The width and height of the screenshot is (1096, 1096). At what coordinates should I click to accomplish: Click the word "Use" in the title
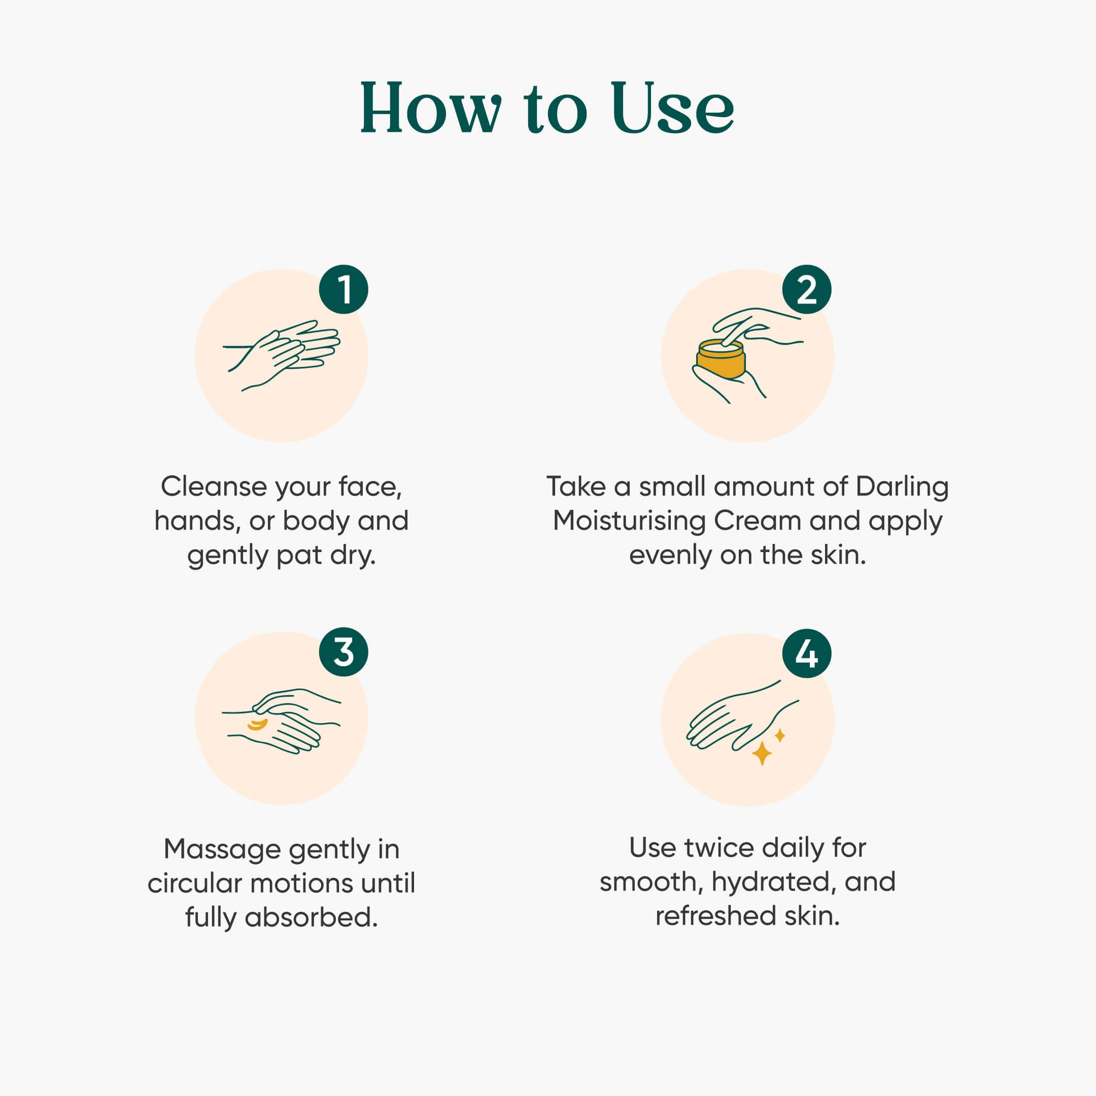[673, 108]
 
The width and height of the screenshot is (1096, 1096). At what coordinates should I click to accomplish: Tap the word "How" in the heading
[431, 108]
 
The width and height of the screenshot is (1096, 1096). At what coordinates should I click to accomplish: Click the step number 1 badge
[343, 289]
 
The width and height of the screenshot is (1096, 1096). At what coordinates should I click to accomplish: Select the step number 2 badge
[807, 289]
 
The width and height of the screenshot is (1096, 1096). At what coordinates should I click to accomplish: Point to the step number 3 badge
[343, 652]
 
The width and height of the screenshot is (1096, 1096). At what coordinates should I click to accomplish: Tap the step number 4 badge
[807, 653]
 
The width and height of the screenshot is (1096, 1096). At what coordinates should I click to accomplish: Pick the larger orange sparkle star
[761, 754]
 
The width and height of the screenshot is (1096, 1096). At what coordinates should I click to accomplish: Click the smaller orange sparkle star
[780, 736]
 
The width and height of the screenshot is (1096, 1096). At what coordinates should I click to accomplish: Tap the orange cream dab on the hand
[257, 724]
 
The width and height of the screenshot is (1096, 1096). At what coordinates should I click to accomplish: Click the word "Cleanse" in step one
[214, 487]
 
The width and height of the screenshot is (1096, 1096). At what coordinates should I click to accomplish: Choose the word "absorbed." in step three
[311, 918]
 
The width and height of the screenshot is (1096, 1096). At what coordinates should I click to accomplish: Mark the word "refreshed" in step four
[716, 916]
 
